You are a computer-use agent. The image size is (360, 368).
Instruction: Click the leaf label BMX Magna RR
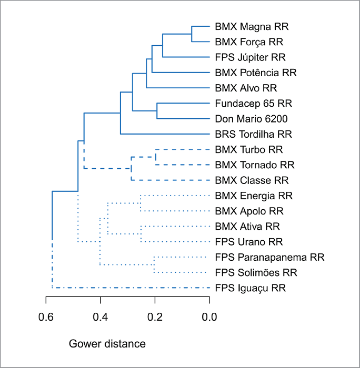[x=252, y=26]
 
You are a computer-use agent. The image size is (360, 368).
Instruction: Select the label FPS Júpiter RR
[x=251, y=57]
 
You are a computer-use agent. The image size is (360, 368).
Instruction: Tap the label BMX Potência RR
[x=256, y=72]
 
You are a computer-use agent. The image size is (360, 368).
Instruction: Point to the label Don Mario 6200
[x=251, y=118]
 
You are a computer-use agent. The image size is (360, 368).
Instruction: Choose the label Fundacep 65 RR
[x=254, y=103]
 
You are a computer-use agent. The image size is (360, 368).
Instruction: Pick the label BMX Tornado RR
[x=255, y=165]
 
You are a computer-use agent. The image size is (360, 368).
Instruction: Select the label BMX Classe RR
[x=252, y=180]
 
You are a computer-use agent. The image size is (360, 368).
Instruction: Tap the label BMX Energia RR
[x=254, y=196]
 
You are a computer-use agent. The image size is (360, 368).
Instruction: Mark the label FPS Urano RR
[x=249, y=242]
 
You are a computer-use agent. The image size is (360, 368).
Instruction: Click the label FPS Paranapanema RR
[x=269, y=258]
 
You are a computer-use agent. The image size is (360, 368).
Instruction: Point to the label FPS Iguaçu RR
[x=251, y=288]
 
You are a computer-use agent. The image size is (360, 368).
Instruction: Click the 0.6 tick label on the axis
[x=46, y=316]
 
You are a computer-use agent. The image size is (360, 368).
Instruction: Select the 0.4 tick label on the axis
[x=101, y=316]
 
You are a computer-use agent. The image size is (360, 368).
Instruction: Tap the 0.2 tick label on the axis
[x=155, y=316]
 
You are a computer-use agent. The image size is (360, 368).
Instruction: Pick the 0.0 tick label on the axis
[x=209, y=316]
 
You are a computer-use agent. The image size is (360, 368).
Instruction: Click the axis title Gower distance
[x=107, y=344]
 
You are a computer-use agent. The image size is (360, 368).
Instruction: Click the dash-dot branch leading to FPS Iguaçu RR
[x=132, y=288]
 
